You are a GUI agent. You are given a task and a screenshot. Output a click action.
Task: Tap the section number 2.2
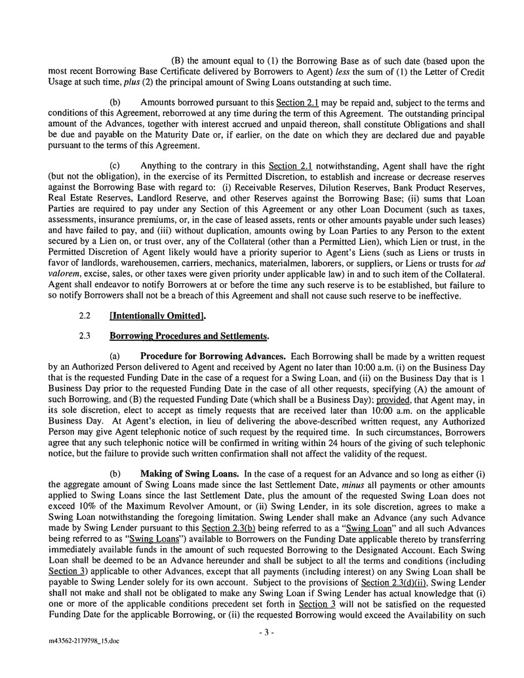pos(84,317)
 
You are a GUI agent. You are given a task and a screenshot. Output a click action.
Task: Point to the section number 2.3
pos(84,337)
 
